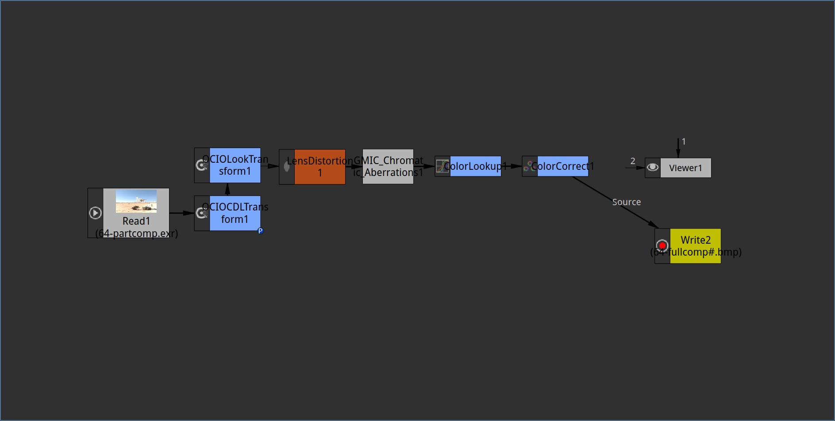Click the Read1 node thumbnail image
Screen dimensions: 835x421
136,201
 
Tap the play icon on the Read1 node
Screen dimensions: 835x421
95,213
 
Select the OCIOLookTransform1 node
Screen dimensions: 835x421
227,165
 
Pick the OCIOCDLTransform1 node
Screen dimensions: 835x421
227,213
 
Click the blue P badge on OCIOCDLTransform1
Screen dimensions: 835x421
260,231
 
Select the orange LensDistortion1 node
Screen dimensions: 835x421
312,167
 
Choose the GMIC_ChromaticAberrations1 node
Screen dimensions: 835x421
388,167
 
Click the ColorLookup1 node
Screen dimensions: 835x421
468,166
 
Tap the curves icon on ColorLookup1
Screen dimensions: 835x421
443,166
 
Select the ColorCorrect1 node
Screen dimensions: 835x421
555,166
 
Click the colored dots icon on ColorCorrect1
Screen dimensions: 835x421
530,166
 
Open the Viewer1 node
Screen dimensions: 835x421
678,168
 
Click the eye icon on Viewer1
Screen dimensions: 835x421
653,168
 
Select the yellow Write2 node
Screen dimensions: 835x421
688,246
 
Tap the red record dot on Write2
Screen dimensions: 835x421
662,245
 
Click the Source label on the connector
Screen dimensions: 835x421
627,202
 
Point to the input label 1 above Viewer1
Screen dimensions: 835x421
684,142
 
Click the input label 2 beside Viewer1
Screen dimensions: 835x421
633,161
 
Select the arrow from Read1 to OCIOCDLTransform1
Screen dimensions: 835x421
182,213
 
